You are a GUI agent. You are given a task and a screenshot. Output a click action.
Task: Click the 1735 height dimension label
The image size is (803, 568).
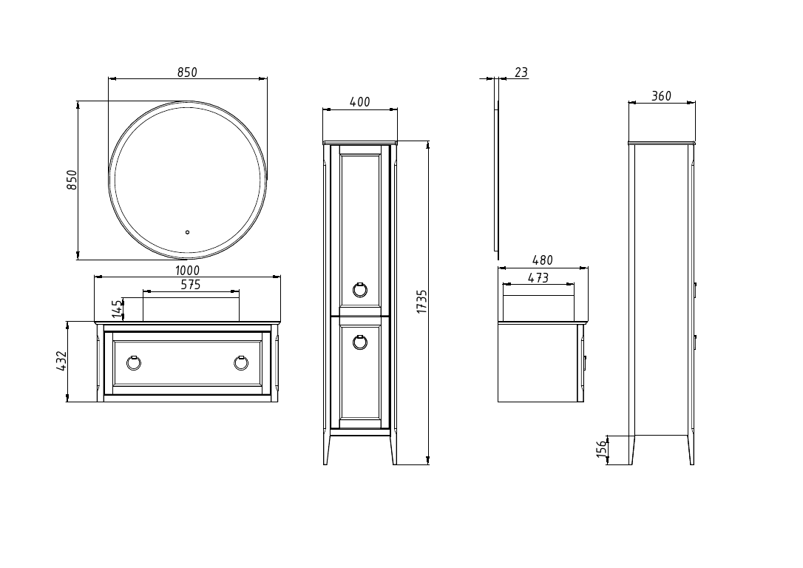click(x=421, y=302)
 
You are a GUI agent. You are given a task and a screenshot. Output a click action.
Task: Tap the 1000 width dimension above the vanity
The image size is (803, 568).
click(x=188, y=271)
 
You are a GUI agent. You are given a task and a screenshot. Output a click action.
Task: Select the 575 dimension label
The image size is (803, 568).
click(x=191, y=285)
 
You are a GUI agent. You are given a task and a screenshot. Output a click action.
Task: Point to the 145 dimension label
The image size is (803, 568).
click(x=117, y=308)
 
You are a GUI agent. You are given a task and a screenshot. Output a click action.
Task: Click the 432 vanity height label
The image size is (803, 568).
click(x=62, y=361)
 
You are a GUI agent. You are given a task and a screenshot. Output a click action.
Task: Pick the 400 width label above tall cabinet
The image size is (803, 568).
click(x=360, y=102)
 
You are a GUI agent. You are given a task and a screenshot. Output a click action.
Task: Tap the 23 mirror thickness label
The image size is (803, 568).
click(x=521, y=72)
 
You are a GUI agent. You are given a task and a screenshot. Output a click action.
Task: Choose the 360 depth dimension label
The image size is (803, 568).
click(x=661, y=96)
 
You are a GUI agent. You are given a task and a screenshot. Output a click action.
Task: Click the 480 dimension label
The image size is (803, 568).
click(x=543, y=260)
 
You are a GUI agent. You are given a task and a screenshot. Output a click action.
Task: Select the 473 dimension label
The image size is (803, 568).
click(x=538, y=278)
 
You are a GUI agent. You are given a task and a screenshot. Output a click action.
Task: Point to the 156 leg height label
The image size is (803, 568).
click(x=601, y=449)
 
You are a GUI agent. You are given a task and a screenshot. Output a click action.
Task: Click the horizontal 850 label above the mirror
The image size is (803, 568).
click(x=187, y=72)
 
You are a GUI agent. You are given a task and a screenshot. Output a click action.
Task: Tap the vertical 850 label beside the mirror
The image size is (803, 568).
click(x=72, y=180)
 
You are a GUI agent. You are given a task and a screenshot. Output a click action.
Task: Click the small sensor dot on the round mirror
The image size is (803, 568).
click(x=188, y=231)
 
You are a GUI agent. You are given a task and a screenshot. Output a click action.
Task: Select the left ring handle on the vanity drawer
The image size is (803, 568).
click(x=134, y=362)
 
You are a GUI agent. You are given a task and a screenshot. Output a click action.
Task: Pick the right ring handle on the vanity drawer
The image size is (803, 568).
click(x=241, y=362)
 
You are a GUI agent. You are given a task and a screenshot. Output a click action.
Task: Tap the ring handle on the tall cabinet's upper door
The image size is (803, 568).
click(x=360, y=288)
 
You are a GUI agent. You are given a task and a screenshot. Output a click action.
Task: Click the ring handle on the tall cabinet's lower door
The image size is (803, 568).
click(x=360, y=341)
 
